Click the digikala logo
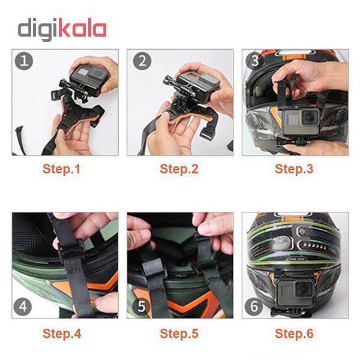point(62,29)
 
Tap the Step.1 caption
point(62,169)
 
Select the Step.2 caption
point(179,169)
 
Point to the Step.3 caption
point(294,169)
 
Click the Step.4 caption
point(62,334)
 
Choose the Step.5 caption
point(179,334)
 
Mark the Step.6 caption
point(294,334)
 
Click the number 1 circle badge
point(24,61)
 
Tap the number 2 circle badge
point(142,61)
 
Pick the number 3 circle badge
point(255,61)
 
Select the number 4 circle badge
point(23,307)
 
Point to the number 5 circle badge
point(141,306)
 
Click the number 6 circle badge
point(254,306)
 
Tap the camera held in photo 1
point(89,79)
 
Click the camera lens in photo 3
point(309,117)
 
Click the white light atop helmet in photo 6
point(295,214)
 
